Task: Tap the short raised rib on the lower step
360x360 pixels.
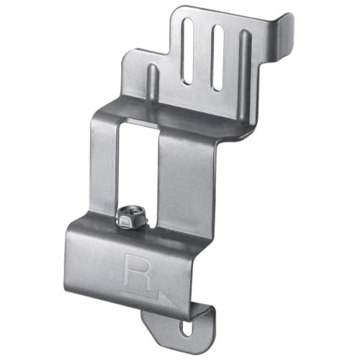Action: pos(153,81)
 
